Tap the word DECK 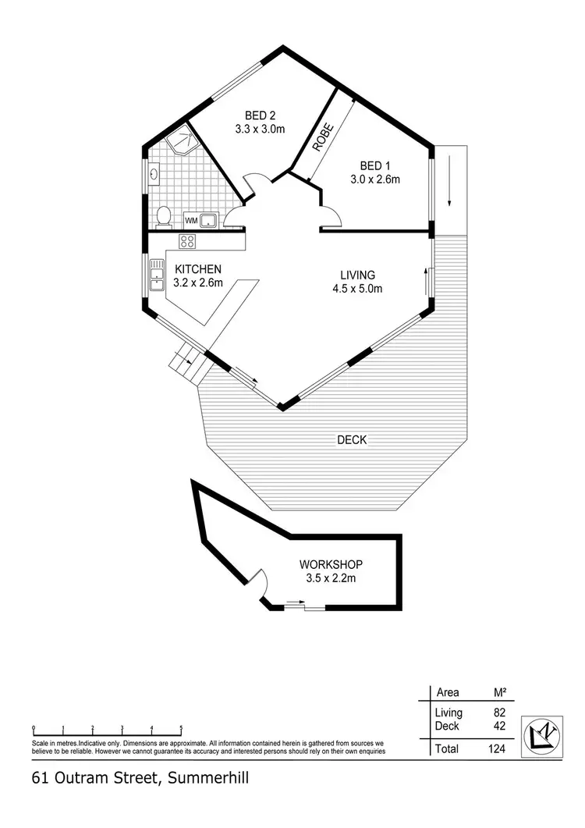[x=352, y=440]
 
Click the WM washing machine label [x=190, y=221]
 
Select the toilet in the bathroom [x=163, y=216]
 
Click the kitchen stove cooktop [x=187, y=241]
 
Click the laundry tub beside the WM [x=208, y=220]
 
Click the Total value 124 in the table [x=496, y=749]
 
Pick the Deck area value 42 [x=500, y=726]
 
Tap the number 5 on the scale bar [x=181, y=727]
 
